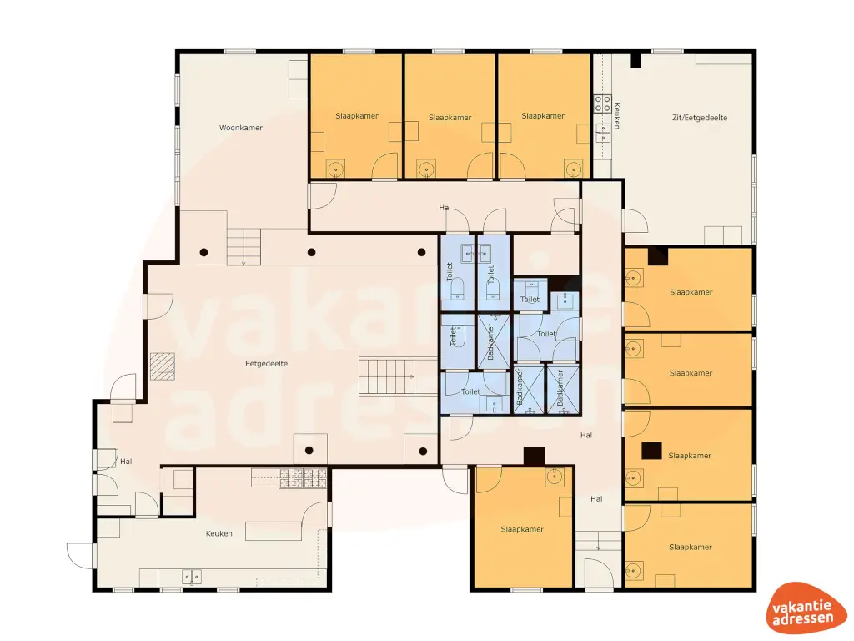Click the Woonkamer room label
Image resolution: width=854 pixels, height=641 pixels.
pos(241,128)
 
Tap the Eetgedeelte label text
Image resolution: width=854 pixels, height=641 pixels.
pos(266,364)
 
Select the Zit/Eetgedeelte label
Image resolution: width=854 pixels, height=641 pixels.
pos(699,118)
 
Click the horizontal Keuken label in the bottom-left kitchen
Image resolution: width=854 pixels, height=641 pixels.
pos(219,533)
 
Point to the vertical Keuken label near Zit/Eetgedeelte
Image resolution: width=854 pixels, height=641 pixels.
pos(617,115)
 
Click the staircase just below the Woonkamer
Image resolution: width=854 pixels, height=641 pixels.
pos(244,248)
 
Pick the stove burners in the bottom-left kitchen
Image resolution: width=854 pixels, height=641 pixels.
pos(303,477)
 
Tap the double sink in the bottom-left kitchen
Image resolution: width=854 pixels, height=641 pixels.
pos(191,576)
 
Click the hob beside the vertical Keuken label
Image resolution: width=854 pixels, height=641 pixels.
pos(601,103)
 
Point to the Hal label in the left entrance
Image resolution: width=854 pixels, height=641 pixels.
pos(126,461)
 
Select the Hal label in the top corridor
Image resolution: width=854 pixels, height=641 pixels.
pos(445,207)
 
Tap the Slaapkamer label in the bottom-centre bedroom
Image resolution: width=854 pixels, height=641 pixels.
pos(522,529)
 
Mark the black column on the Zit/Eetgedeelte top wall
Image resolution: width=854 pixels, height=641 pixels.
pos(635,60)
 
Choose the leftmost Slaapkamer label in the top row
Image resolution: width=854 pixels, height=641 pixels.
pos(357,116)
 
